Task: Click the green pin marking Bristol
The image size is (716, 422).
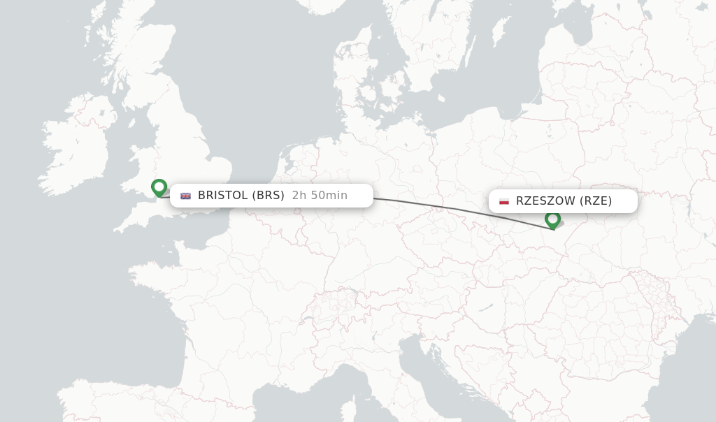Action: click(159, 187)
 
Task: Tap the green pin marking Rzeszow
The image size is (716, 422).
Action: click(553, 219)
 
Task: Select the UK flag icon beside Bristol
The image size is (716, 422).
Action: click(185, 196)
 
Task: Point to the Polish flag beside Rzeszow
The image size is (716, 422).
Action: click(504, 201)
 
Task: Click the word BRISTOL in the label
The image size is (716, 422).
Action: click(223, 196)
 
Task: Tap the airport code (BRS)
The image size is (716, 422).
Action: click(268, 196)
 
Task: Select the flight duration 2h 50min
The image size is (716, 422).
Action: click(320, 196)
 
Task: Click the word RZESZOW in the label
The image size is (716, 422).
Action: click(546, 201)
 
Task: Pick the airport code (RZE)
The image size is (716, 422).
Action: click(596, 201)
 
